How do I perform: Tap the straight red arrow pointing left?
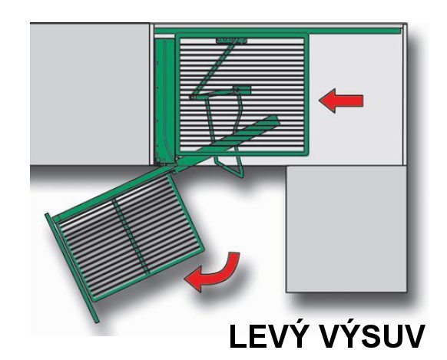click(341, 101)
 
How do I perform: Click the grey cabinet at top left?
click(90, 94)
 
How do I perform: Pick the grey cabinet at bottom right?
click(346, 229)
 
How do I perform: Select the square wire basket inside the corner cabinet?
click(242, 94)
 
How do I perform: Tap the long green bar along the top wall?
click(277, 31)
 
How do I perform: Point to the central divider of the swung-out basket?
click(131, 236)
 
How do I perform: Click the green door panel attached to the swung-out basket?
click(72, 268)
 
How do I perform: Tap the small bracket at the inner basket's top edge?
click(231, 41)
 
